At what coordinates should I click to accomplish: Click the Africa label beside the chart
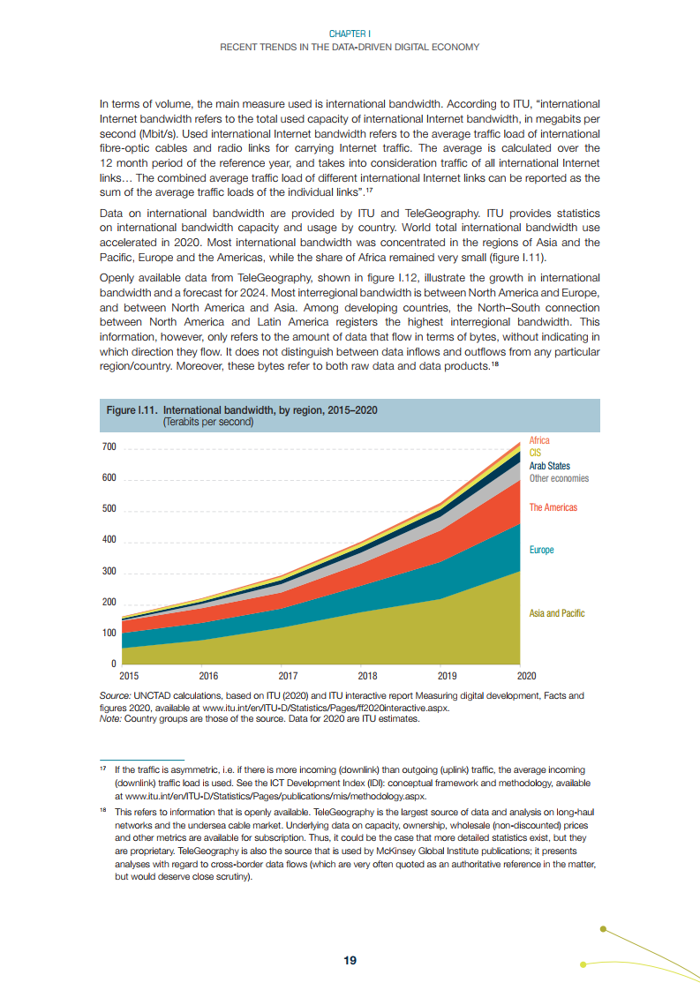(539, 440)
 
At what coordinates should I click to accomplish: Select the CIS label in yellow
(535, 453)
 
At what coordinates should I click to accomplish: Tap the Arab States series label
(549, 466)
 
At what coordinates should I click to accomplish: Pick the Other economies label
(559, 478)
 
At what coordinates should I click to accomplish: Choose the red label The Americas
(553, 507)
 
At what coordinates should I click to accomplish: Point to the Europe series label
(541, 550)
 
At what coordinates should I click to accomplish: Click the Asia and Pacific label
(557, 613)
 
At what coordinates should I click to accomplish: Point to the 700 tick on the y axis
(109, 447)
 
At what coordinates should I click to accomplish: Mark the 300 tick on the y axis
(109, 572)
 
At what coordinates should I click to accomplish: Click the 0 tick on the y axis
(113, 664)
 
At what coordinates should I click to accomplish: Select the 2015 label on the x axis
(129, 677)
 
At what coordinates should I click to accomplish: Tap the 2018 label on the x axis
(367, 677)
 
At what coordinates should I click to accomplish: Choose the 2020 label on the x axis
(526, 677)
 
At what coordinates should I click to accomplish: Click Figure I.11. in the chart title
(132, 411)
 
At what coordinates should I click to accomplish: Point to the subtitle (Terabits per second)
(207, 423)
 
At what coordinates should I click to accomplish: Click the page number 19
(350, 960)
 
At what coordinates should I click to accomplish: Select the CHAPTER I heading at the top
(350, 34)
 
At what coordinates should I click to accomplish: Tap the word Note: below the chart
(111, 718)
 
